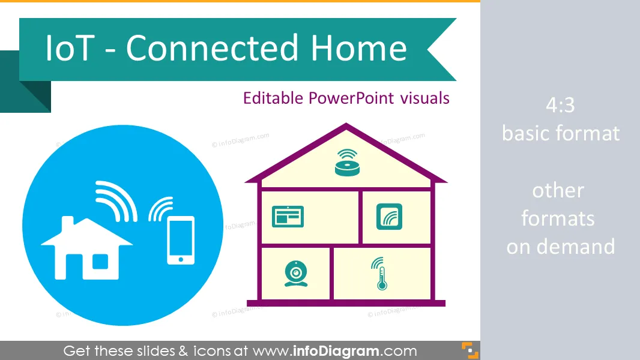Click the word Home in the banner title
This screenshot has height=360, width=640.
359,48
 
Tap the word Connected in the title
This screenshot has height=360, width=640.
213,48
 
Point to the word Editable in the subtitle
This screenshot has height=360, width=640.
273,98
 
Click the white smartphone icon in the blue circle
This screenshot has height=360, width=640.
181,240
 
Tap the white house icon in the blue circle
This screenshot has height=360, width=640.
87,248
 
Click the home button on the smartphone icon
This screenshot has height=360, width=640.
181,259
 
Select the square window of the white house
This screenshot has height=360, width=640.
100,262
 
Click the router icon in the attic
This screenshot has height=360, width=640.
347,163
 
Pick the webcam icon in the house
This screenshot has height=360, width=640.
296,274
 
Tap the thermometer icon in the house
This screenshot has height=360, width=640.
380,274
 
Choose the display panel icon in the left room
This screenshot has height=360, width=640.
288,217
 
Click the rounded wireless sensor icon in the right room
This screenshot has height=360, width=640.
390,217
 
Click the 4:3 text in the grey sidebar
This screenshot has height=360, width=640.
560,105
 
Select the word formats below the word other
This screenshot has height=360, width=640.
558,218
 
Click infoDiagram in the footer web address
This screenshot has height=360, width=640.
336,350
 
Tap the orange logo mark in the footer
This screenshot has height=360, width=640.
470,350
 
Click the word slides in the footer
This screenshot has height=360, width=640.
153,350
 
